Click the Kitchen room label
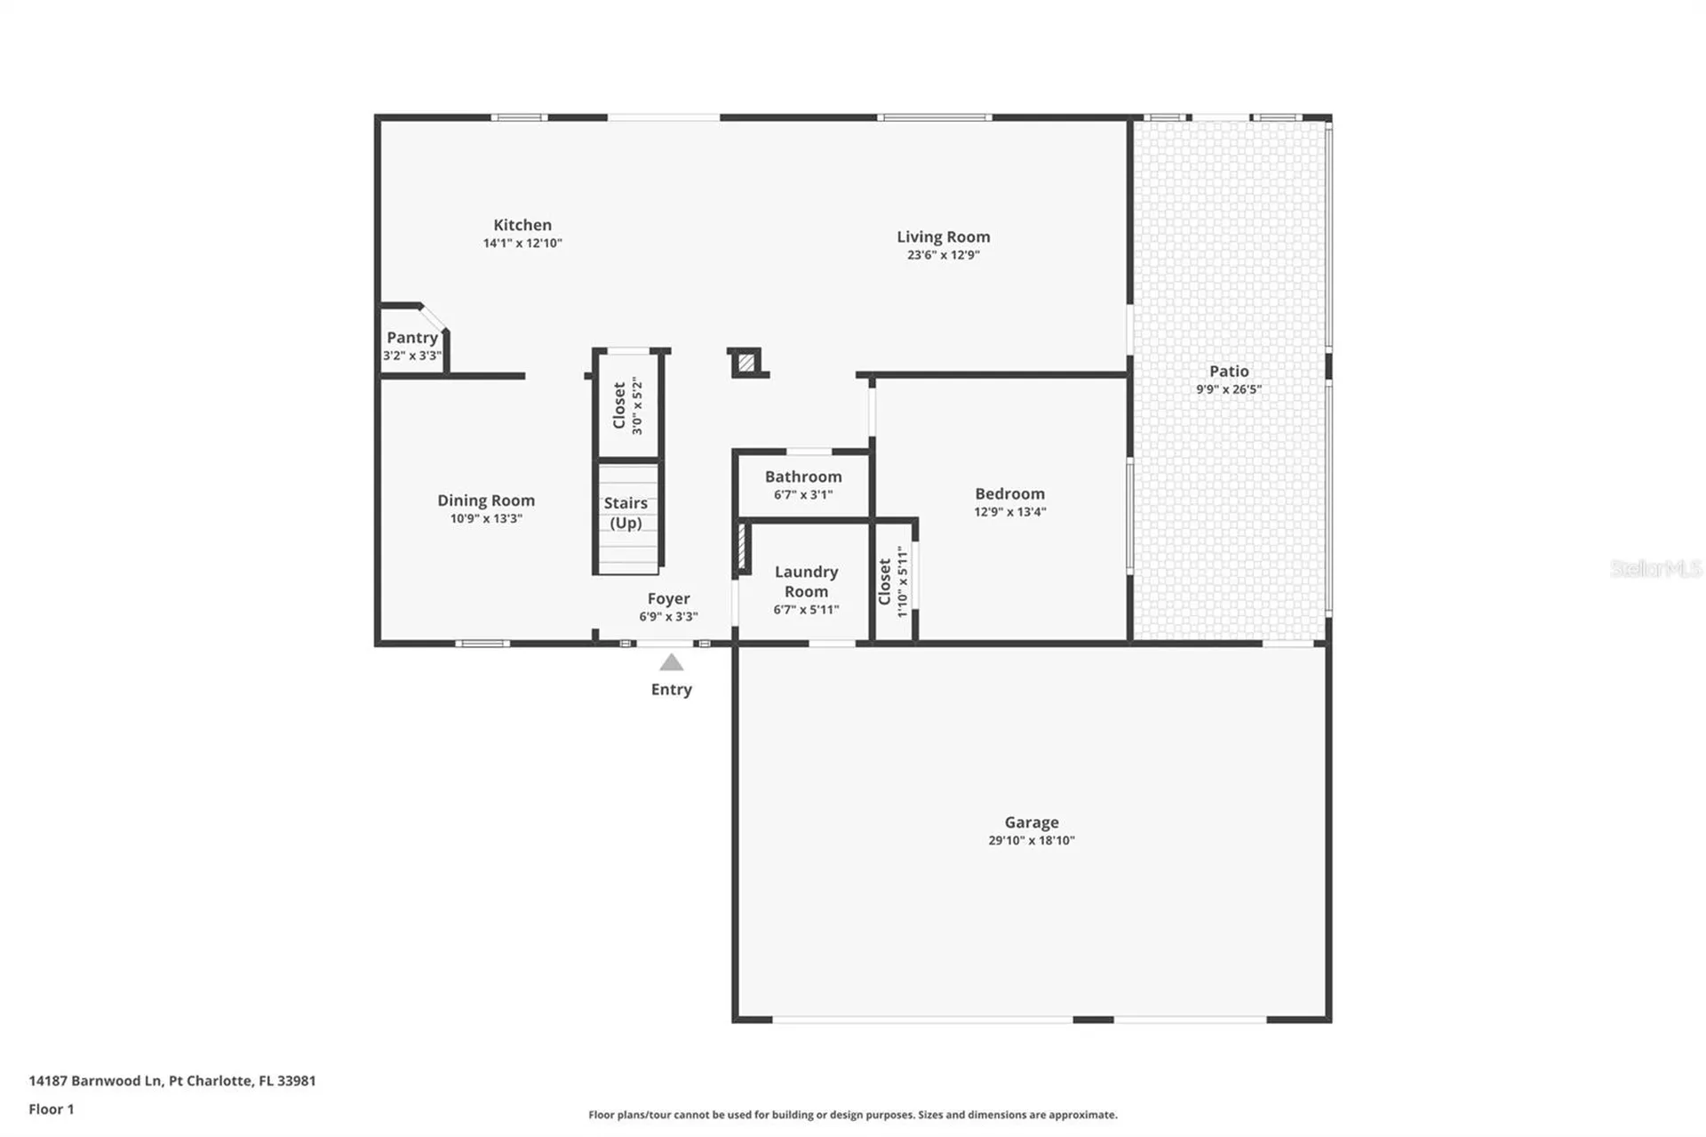(522, 225)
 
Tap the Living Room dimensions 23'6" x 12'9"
(943, 255)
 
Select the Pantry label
(412, 338)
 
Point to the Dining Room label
(486, 500)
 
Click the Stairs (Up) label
(626, 513)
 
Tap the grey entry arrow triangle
(672, 662)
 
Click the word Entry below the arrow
(671, 690)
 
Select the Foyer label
(668, 599)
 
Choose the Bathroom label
(803, 477)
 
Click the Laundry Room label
(806, 581)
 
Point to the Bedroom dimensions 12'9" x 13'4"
(1009, 512)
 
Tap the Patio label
(1229, 372)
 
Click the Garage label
(1032, 822)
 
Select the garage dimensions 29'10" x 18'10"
(1032, 841)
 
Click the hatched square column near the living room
(746, 363)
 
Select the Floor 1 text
(52, 1109)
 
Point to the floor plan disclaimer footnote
(852, 1115)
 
